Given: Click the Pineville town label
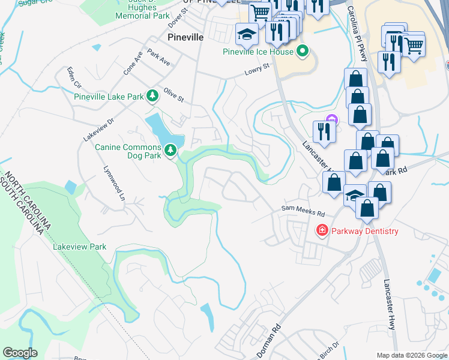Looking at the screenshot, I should coord(185,37).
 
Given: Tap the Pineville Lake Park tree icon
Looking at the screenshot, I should coord(153,96).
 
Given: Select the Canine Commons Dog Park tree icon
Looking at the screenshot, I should coord(171,149).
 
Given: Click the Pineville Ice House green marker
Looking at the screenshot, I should coord(303,52).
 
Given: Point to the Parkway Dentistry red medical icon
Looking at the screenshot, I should coord(322,230).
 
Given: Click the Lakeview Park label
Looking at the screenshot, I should coord(79,247).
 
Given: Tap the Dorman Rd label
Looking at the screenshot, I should coord(268,342).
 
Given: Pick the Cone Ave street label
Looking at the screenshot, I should coord(133,63).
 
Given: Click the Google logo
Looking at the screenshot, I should coord(20,353).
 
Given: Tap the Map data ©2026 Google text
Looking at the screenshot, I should coord(411,355).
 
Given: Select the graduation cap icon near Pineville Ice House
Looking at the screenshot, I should coord(246,33).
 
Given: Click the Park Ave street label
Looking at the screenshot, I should coord(158,58).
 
